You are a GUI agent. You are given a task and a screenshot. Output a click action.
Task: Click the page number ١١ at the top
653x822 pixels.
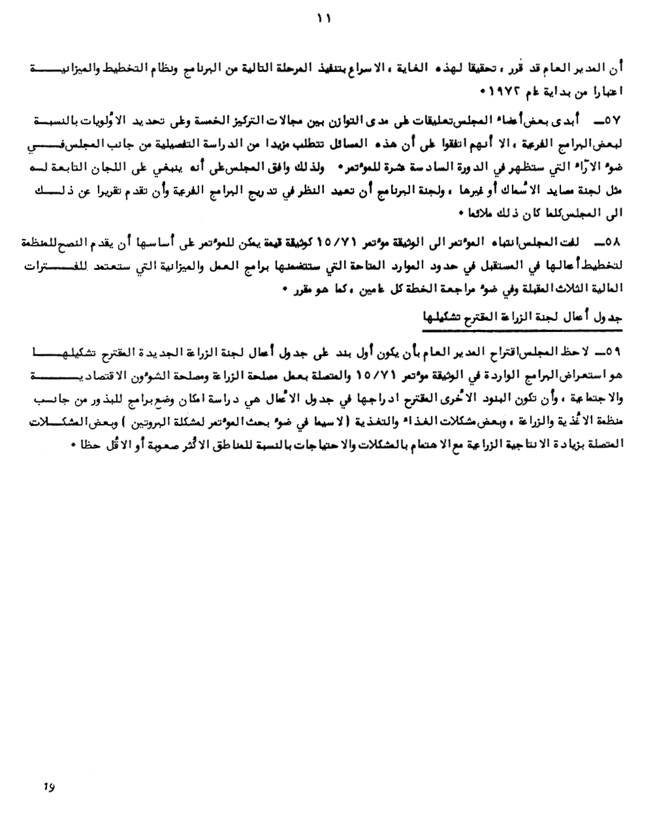(325, 19)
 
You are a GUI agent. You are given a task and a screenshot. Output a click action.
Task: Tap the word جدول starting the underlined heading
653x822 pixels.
(609, 318)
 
